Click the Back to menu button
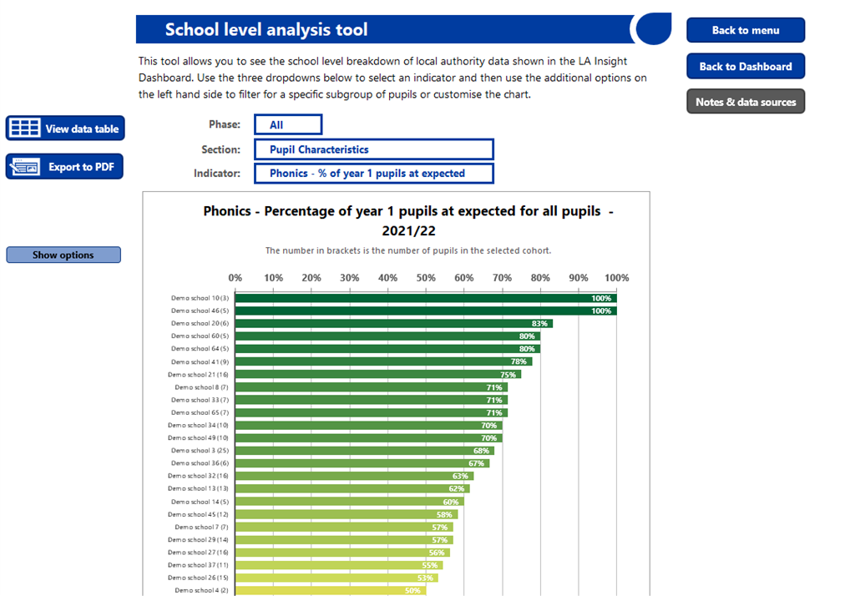coord(746,30)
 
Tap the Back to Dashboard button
coord(746,66)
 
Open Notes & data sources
coord(746,102)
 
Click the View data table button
coord(65,129)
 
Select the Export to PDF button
coord(64,166)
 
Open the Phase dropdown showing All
coord(288,124)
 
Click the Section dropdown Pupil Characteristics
coord(374,149)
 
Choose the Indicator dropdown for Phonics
coord(374,174)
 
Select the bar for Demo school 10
coord(426,298)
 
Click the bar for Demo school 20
coord(394,323)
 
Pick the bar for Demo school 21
coord(377,375)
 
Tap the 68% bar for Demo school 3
coord(364,451)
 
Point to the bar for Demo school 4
coord(331,591)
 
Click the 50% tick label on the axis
coord(426,278)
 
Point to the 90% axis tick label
coord(579,278)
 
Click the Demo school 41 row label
coord(200,361)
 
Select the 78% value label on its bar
coord(519,361)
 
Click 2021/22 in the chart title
coord(408,230)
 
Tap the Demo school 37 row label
coord(198,565)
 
